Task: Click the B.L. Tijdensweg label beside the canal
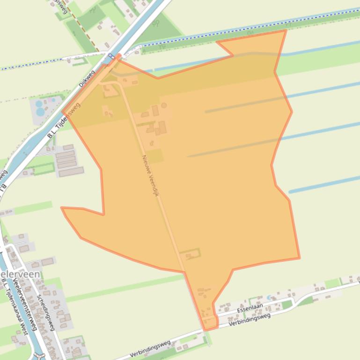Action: point(64,121)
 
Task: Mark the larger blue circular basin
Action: point(40,112)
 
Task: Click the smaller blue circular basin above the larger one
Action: point(38,103)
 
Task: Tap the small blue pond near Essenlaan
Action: point(269,297)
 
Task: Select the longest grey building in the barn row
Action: point(71,172)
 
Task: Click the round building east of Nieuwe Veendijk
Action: point(164,106)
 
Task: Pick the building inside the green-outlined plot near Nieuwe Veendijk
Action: point(189,255)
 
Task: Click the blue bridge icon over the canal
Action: point(111,57)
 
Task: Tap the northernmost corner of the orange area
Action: point(286,30)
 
